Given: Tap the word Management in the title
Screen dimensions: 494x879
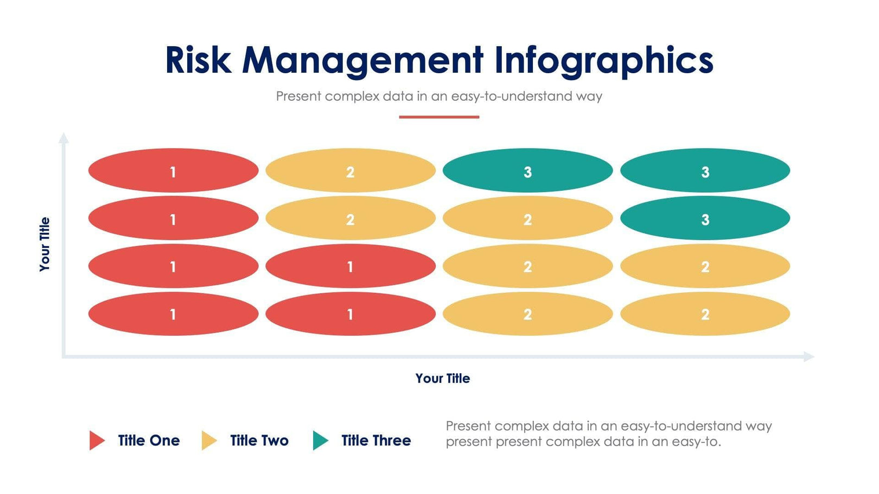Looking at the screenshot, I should click(x=362, y=61).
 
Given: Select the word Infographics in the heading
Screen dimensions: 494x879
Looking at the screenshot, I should click(x=604, y=61).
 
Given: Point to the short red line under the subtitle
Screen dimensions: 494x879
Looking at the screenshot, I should click(x=439, y=117).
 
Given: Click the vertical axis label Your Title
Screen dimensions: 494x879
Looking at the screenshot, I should click(x=44, y=244).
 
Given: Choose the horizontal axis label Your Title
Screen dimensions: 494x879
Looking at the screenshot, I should click(x=443, y=378).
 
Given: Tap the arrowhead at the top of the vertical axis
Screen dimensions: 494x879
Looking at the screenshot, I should click(x=63, y=138).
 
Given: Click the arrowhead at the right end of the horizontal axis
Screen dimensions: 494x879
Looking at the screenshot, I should click(x=809, y=356).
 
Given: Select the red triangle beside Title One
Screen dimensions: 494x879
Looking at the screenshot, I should click(x=97, y=440).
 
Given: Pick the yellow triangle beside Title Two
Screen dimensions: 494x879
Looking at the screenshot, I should click(x=209, y=440).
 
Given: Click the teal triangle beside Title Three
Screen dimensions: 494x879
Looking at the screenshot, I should click(x=320, y=440).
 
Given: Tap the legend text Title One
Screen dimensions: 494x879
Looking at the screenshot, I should click(x=149, y=440).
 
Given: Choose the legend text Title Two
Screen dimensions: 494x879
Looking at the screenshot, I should click(x=259, y=440).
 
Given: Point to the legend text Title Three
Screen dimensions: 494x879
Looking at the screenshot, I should click(x=376, y=440).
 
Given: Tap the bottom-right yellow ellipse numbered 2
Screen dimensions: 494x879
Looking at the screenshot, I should click(x=705, y=313).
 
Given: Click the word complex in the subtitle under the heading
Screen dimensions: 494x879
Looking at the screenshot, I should click(x=352, y=97).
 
